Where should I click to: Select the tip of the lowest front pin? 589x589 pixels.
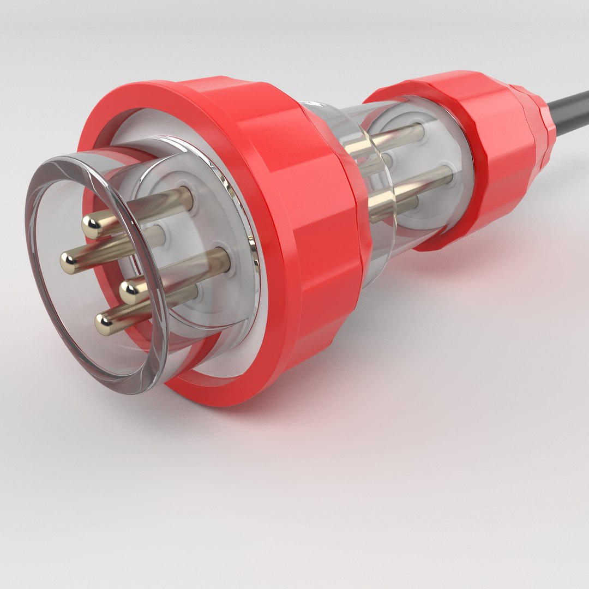104,324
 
